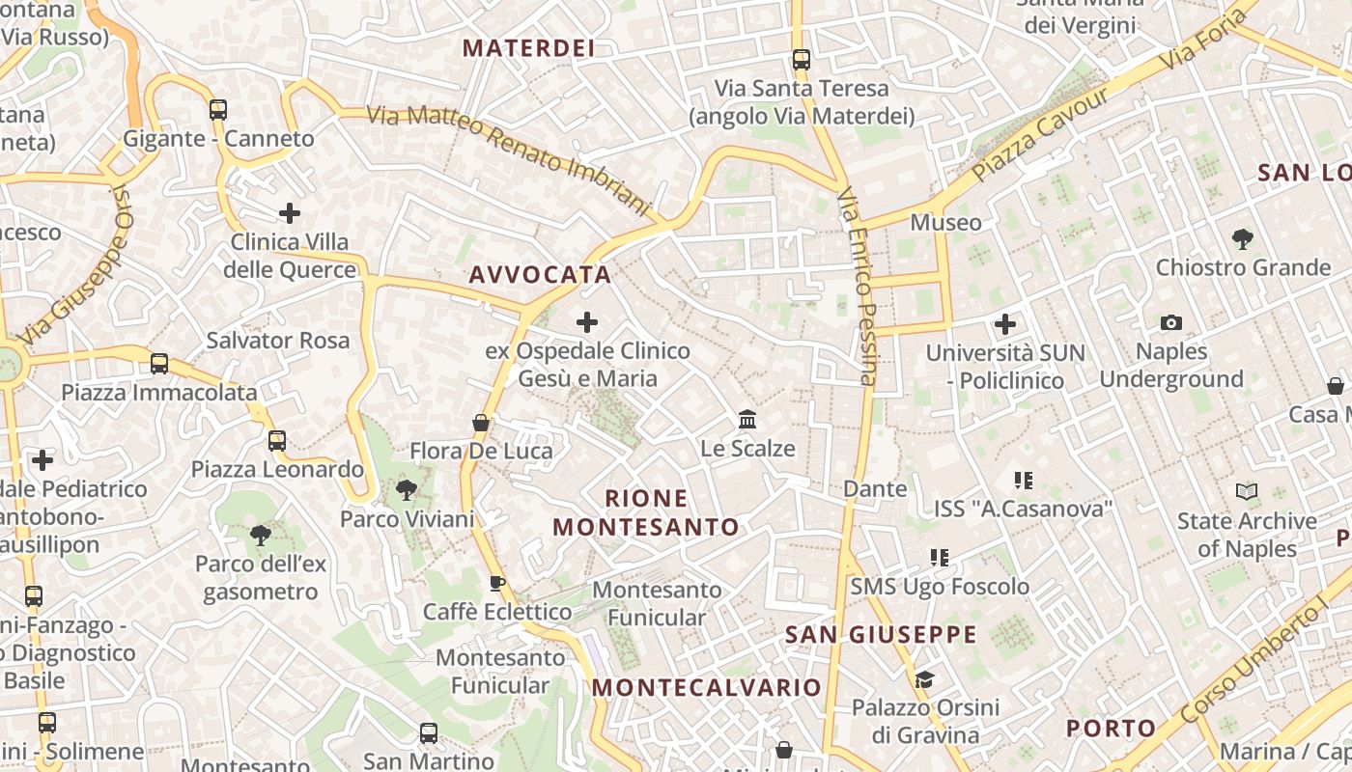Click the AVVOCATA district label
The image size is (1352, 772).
(x=540, y=275)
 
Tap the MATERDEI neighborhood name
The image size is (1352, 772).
(x=527, y=48)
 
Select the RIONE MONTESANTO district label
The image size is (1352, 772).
(x=646, y=512)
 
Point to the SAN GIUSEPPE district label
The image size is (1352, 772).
(x=881, y=635)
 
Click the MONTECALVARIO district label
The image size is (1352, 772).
(x=706, y=688)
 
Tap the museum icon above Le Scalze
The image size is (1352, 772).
(x=747, y=420)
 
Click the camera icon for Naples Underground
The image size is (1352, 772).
(x=1171, y=323)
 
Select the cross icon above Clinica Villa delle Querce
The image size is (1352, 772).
(x=290, y=213)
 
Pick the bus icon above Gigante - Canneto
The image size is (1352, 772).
(x=218, y=110)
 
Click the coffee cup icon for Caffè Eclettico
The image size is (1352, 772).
(x=497, y=583)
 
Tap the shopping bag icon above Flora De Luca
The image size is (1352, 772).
(x=481, y=423)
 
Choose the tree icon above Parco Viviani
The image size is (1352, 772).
(x=407, y=490)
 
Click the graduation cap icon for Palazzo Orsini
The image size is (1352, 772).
(x=924, y=679)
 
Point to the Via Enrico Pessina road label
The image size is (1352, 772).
(x=858, y=287)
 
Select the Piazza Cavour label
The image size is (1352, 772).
(x=1041, y=135)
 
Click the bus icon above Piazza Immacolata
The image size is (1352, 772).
(x=159, y=364)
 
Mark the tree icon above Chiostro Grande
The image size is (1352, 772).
(x=1243, y=238)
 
